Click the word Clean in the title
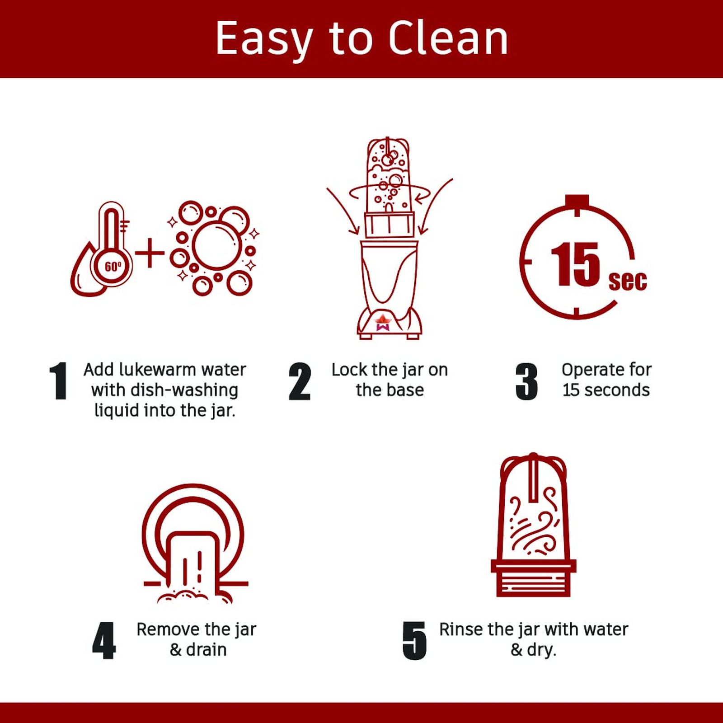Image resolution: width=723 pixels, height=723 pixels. coord(448,38)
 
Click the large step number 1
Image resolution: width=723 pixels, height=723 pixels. coord(59,381)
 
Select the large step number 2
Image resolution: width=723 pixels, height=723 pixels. coord(300,382)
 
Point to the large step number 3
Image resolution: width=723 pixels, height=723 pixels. coord(526,382)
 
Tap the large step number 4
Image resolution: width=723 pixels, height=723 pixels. coord(103,641)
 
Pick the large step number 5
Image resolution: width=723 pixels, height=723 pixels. coord(414,641)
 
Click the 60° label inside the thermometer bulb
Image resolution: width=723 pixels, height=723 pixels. coord(113,267)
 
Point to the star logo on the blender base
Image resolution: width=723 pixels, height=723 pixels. coord(382,322)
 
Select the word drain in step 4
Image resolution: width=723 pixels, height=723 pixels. coord(206,650)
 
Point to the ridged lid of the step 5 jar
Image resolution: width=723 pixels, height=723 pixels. coord(533,578)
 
